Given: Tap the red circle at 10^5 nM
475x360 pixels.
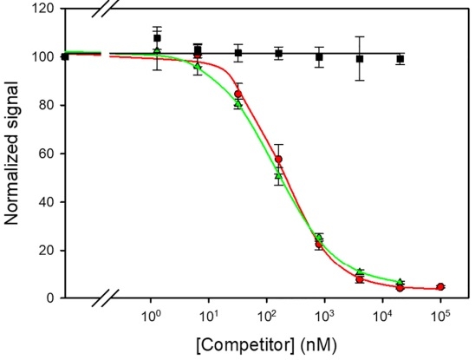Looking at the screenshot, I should tap(440, 287).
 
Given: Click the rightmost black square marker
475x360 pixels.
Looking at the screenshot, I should tap(400, 59).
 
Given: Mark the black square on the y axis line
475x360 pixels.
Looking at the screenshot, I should tap(65, 56).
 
